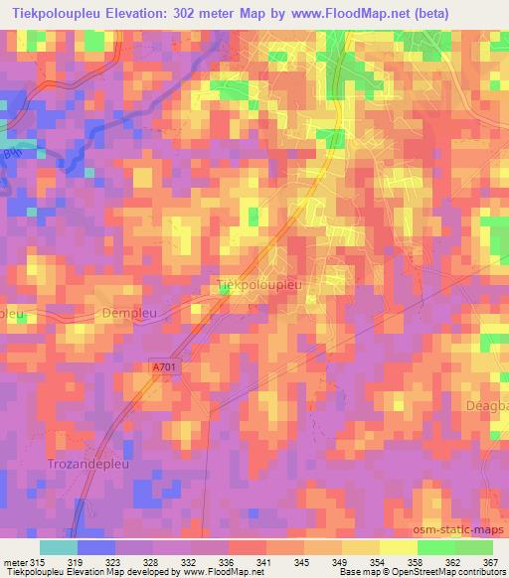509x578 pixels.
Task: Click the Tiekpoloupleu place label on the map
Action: pyautogui.click(x=258, y=285)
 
